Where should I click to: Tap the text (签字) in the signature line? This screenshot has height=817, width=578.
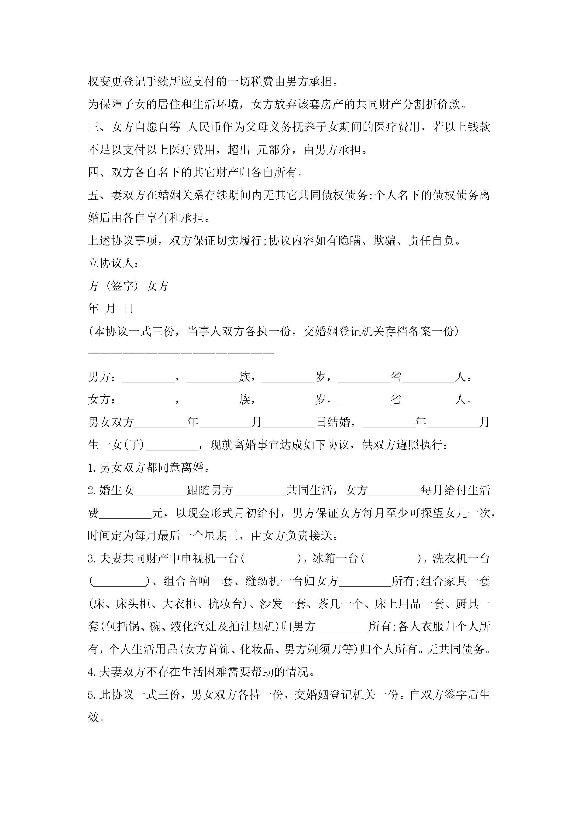[x=122, y=286]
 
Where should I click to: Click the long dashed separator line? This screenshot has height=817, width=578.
[x=181, y=353]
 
